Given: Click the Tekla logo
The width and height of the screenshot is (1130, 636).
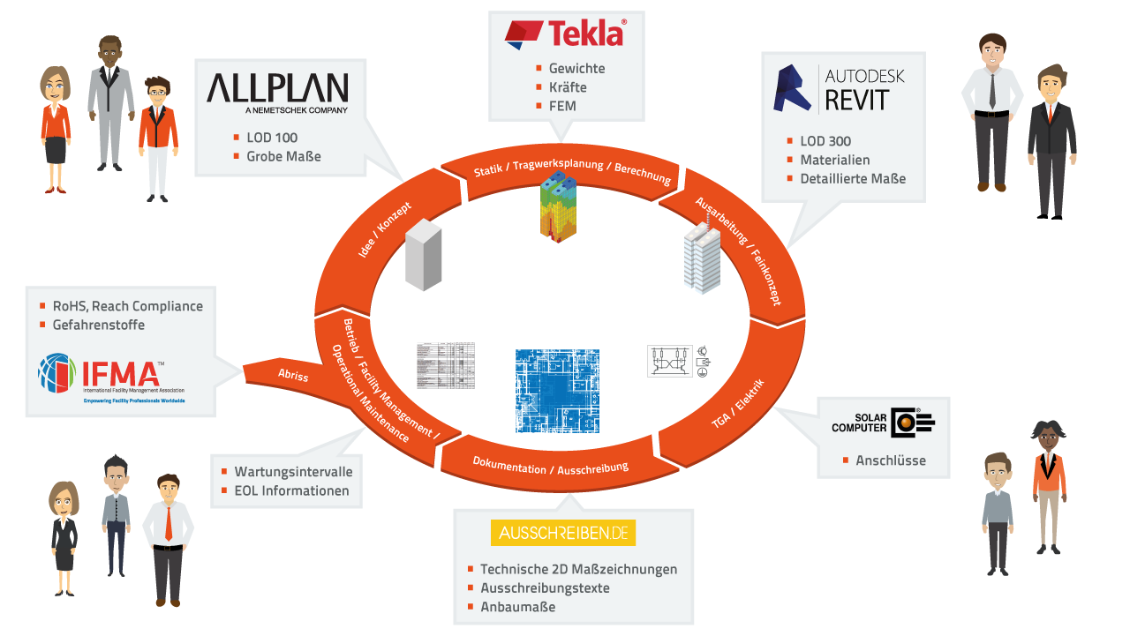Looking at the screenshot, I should (x=566, y=34).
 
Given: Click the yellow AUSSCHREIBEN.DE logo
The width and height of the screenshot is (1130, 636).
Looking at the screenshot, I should (x=563, y=533).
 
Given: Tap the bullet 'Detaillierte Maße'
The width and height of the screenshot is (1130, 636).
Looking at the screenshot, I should (x=853, y=179).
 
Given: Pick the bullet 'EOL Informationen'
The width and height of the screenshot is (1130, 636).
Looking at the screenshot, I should (x=291, y=491).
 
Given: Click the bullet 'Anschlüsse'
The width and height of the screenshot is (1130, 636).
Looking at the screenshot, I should (x=891, y=460).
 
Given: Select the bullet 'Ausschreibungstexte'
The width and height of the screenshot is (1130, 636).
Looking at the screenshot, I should (x=545, y=588).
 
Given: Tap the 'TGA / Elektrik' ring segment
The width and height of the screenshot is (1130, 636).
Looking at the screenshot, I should (x=737, y=405).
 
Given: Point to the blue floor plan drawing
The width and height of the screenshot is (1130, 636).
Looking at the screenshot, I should (x=557, y=391).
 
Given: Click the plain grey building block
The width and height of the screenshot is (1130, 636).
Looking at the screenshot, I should (x=423, y=254).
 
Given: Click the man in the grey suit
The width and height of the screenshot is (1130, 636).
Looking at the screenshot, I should (x=109, y=101).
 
